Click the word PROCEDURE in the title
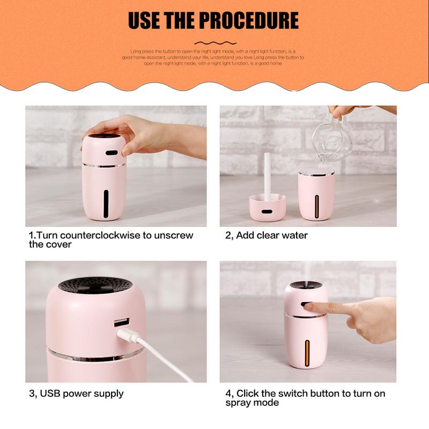coord(249,21)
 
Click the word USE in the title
coord(143,21)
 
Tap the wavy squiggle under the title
coord(214,43)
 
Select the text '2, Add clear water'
coord(267,235)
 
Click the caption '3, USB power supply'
coord(76,394)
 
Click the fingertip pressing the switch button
coord(311,307)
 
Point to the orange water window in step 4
coord(308,353)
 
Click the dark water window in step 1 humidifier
coord(106,203)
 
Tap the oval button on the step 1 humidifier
coord(112,152)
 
